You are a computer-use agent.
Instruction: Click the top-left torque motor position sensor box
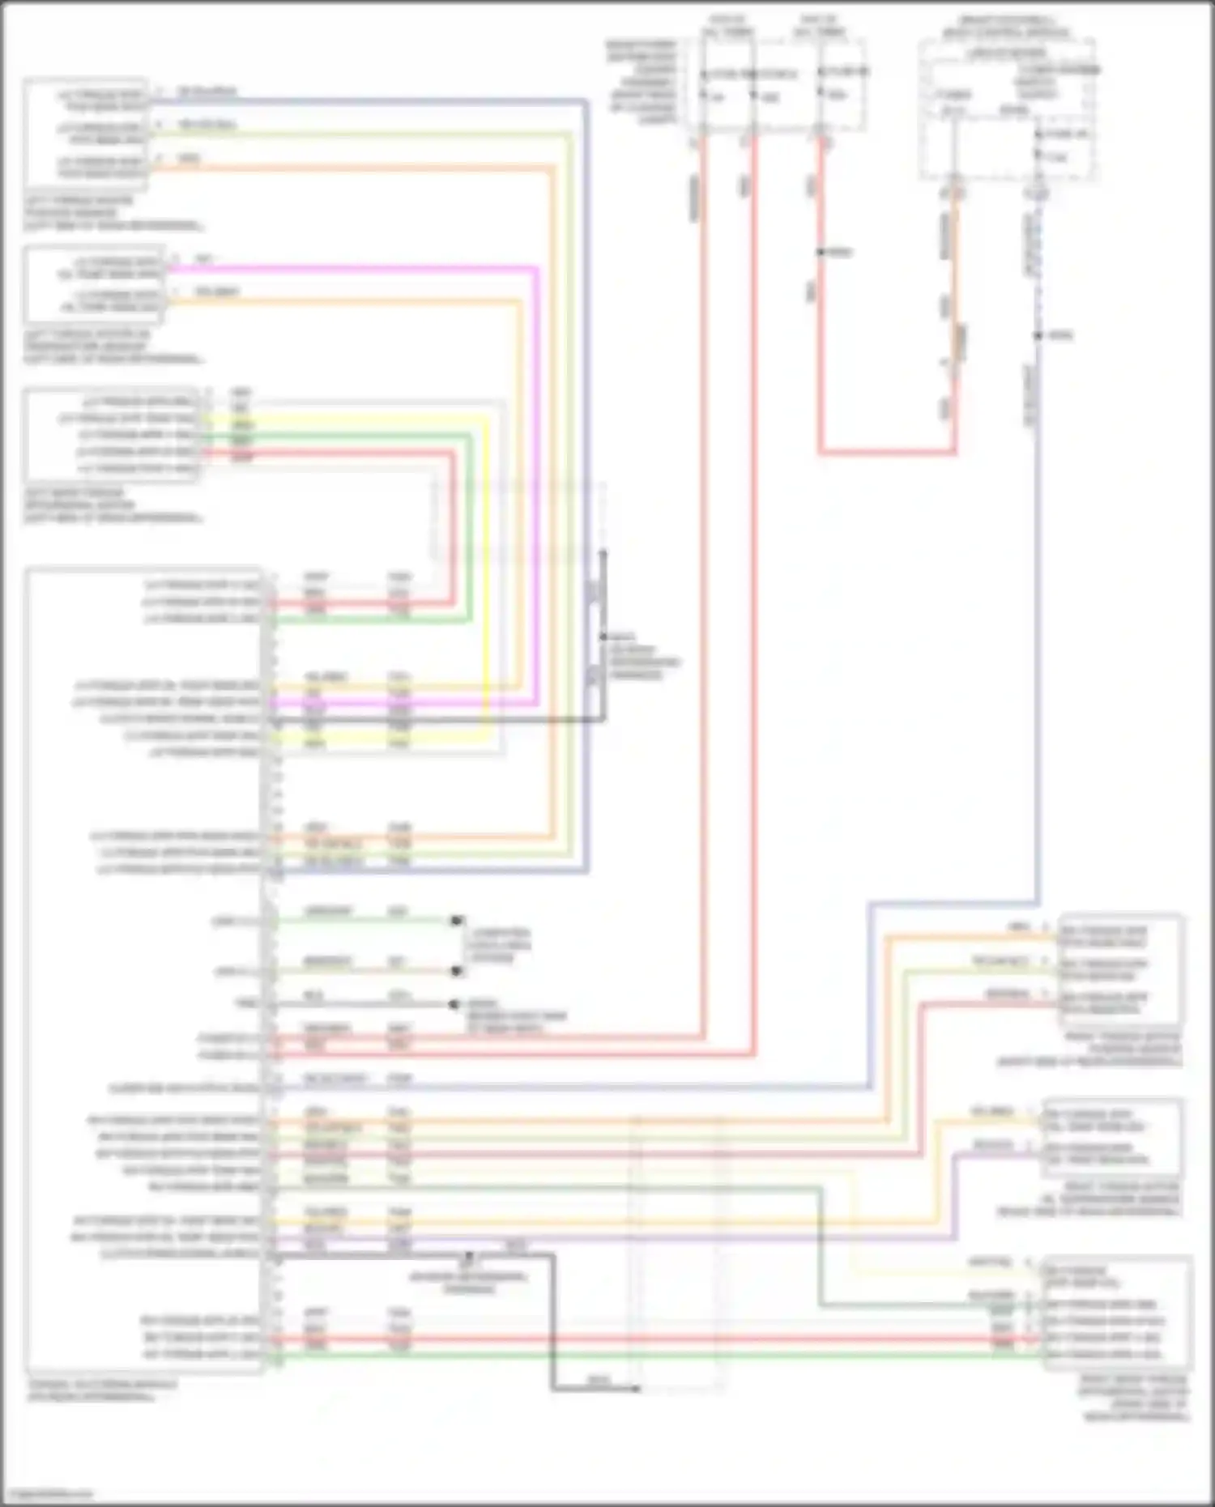(86, 134)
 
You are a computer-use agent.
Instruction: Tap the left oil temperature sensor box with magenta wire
(95, 283)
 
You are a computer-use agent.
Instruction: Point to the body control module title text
(1006, 26)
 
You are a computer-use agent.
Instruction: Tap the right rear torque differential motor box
(1118, 1313)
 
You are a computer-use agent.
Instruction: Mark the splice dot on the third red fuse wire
(821, 253)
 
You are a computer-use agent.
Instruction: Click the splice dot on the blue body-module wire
(1038, 335)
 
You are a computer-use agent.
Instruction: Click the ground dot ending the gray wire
(454, 1004)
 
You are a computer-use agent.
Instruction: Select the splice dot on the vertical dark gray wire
(603, 637)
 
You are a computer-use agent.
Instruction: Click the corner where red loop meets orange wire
(954, 452)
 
